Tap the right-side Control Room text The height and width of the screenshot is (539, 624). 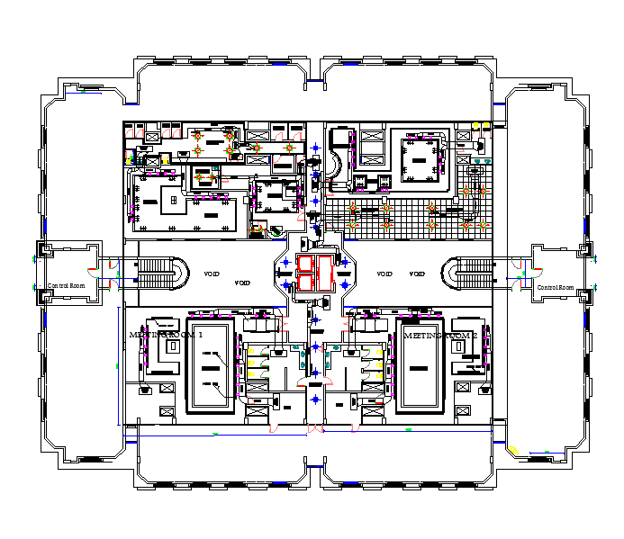[555, 287]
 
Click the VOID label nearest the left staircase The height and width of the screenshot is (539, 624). [212, 274]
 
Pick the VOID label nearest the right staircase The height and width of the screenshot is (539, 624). [417, 274]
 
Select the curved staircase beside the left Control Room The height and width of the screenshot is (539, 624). [162, 273]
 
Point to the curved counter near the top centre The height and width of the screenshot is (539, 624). [334, 166]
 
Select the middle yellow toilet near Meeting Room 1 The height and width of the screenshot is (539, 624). [252, 364]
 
